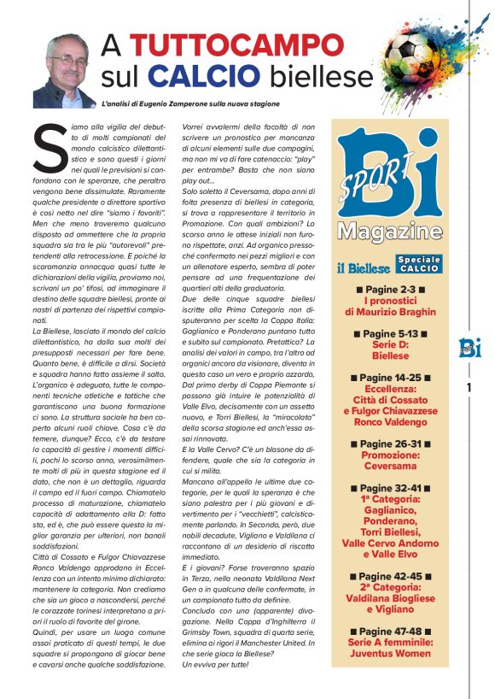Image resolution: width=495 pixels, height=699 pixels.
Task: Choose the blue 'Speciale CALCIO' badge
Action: pos(418,264)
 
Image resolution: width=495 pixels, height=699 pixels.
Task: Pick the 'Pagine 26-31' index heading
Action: pos(389,444)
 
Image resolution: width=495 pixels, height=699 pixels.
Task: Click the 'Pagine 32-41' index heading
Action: pos(389,488)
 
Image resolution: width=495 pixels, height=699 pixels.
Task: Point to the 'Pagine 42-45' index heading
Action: pos(389,577)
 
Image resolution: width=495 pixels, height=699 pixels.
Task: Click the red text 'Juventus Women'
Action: pos(389,654)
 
